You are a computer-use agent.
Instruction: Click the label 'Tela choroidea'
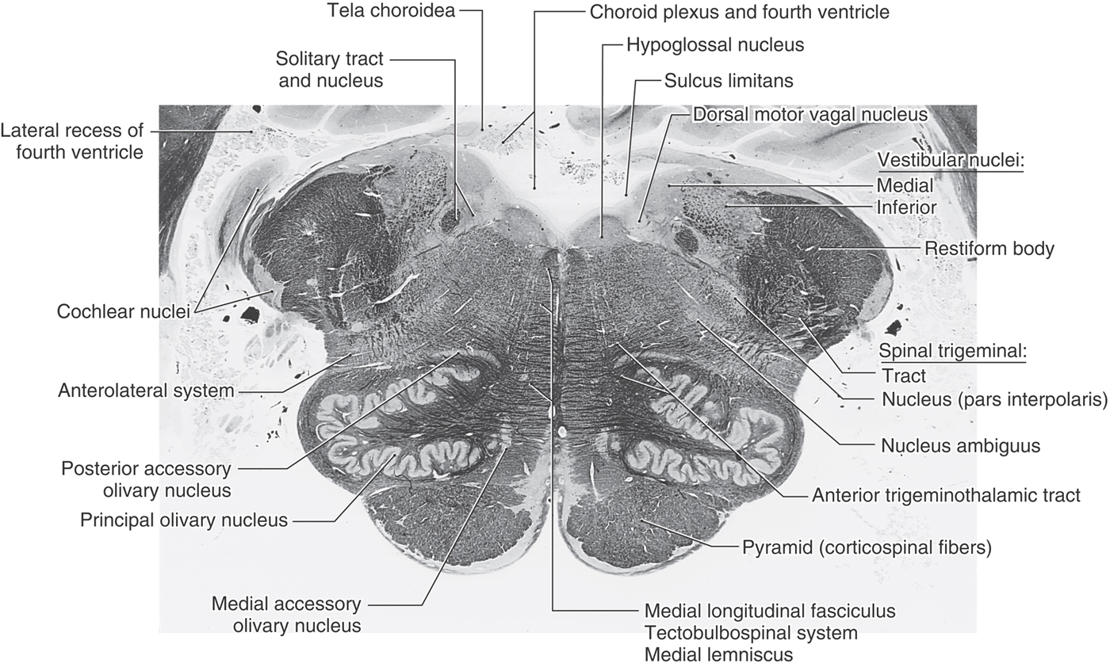pos(391,10)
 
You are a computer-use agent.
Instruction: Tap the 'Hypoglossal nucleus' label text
pos(715,45)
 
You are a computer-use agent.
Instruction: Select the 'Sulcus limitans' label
pos(729,81)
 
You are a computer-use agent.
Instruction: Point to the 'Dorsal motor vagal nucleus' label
pos(810,115)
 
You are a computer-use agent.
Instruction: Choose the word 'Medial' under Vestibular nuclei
pos(905,185)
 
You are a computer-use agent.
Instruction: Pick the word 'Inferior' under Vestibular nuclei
pos(906,208)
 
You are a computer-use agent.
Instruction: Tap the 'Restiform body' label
pos(989,249)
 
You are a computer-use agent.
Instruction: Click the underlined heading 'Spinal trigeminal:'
pos(952,351)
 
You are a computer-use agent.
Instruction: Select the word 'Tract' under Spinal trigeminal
pos(903,376)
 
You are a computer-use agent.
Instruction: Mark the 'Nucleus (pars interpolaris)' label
pos(994,399)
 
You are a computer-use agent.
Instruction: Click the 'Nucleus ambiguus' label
pos(960,446)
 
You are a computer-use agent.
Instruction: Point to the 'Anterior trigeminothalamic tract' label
pos(945,495)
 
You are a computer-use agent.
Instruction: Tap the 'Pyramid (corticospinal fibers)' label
pos(866,547)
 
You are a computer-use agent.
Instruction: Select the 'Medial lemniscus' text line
pos(718,654)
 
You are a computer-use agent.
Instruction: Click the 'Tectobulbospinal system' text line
pos(751,633)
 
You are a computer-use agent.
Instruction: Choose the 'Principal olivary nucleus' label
pos(184,520)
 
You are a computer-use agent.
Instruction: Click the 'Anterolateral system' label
pos(146,391)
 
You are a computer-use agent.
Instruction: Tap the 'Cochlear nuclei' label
pos(124,311)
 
